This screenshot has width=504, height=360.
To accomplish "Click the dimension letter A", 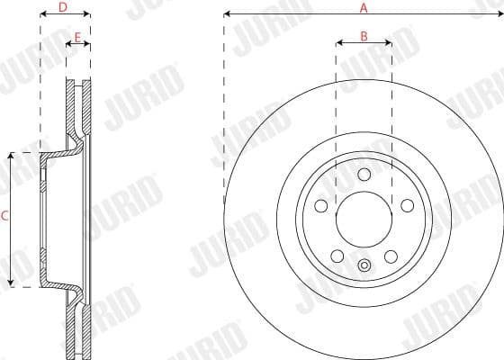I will [364, 7].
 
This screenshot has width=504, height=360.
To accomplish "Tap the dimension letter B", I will [364, 36].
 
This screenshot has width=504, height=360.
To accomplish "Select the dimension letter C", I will [5, 216].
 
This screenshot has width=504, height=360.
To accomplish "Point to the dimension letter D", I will [63, 7].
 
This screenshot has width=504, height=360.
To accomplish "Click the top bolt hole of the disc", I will [364, 175].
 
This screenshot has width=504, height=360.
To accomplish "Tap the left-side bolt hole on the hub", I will [321, 206].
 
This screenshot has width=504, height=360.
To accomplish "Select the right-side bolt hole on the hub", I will [406, 206].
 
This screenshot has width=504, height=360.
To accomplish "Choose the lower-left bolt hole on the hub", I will [337, 255].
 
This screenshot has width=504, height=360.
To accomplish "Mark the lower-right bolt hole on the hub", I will [390, 255].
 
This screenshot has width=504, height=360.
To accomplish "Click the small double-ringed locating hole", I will [364, 265].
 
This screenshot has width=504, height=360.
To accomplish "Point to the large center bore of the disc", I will [364, 220].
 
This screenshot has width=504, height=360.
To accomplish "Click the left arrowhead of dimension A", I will [227, 14].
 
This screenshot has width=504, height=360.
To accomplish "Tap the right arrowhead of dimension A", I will [499, 14].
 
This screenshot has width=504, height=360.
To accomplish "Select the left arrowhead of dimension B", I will [339, 42].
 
